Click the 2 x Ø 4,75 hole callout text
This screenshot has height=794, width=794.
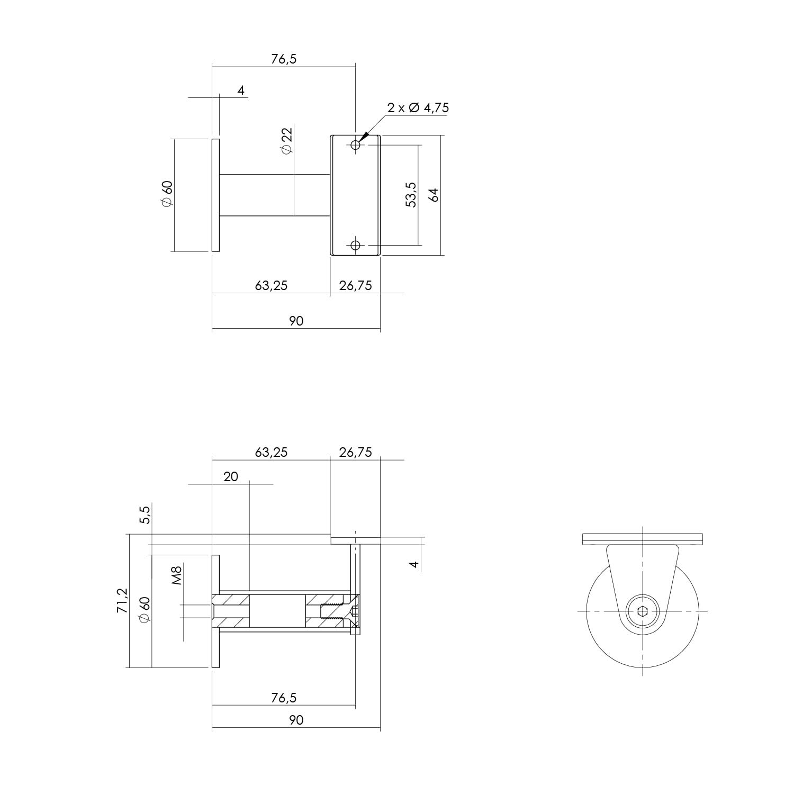point(418,108)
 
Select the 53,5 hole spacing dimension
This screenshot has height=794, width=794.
point(411,194)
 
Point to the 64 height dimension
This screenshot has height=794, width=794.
point(434,194)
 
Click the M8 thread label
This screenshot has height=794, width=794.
point(177,575)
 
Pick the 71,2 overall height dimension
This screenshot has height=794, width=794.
point(122,600)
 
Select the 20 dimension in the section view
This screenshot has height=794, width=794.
point(231,476)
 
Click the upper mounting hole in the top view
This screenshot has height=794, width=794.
point(355,145)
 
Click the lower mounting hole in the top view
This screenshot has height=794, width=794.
point(355,245)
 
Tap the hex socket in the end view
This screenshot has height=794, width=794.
point(642,611)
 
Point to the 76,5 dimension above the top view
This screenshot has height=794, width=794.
point(284,59)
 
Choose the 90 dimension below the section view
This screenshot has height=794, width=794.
point(296,720)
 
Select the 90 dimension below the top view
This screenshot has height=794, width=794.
point(296,321)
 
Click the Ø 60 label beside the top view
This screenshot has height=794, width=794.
point(167,194)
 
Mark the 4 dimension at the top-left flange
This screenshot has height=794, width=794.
point(241,91)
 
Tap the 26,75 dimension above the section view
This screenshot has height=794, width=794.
point(355,452)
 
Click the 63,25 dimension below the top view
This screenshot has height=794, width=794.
point(271,286)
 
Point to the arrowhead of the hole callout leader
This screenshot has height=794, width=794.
point(362,139)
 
